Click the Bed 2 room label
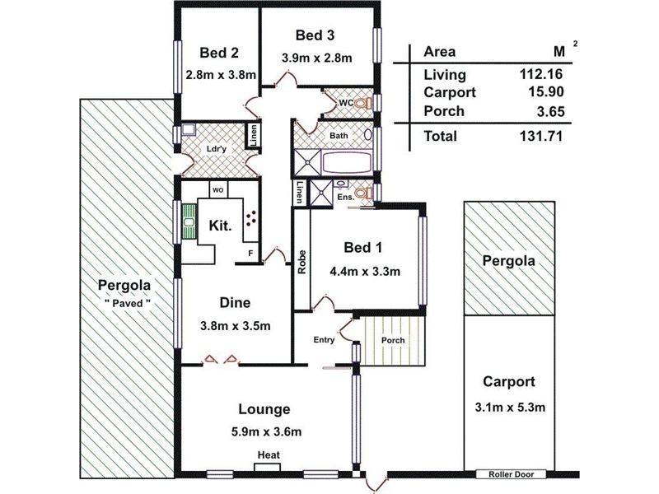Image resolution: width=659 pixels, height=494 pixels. click(219, 54)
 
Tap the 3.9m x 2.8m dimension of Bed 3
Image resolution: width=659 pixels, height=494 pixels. click(317, 58)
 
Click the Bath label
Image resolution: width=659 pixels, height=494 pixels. click(338, 135)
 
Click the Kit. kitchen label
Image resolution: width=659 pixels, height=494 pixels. click(218, 225)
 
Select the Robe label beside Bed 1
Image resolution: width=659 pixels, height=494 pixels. click(302, 261)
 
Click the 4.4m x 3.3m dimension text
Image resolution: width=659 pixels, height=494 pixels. click(365, 271)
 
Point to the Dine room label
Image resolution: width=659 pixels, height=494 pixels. click(235, 302)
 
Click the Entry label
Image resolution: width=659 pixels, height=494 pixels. click(324, 340)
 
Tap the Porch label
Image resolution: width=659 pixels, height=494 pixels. click(392, 339)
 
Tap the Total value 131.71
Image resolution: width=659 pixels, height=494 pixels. click(541, 137)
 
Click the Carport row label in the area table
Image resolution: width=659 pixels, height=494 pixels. click(446, 93)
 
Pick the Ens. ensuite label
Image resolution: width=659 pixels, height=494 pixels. click(344, 198)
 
